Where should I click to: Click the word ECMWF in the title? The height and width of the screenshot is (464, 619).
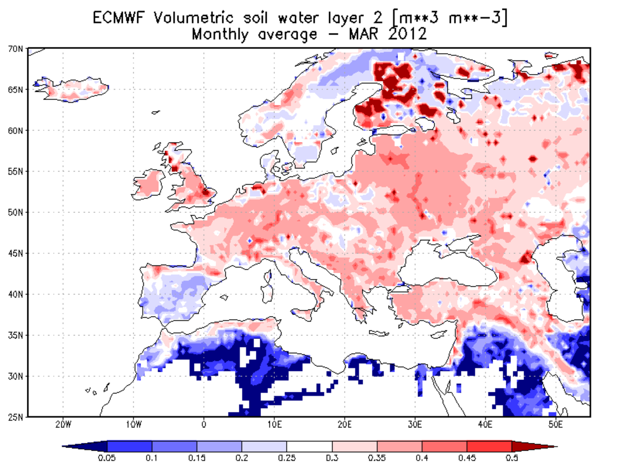122,18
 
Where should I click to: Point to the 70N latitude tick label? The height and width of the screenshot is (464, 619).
17,49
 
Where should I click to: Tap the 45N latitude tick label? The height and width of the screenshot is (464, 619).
17,253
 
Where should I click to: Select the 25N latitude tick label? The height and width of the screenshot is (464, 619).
17,417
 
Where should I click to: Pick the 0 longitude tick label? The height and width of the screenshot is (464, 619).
204,425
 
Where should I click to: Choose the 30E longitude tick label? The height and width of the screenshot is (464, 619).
415,425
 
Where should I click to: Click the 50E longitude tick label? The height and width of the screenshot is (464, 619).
555,425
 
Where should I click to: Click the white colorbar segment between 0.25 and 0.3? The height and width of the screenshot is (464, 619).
309,446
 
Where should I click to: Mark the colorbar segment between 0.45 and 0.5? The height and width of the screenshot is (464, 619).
488,446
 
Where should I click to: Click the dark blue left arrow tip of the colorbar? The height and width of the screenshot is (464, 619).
72,446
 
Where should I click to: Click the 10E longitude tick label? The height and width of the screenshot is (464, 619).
274,425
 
